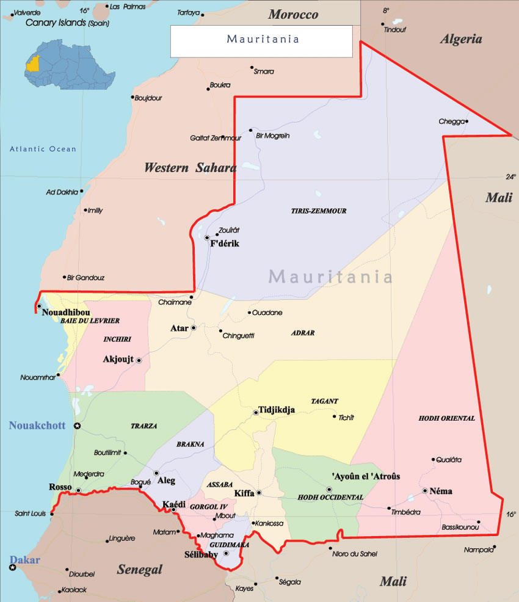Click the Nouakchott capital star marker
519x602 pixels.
[x=77, y=426]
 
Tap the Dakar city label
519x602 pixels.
[x=24, y=560]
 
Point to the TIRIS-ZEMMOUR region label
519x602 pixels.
[x=319, y=211]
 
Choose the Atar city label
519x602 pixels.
[x=179, y=328]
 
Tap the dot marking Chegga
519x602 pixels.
[x=466, y=121]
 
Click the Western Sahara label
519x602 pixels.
[x=189, y=168]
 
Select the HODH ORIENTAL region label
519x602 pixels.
[x=446, y=418]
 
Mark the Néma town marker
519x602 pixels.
[x=425, y=491]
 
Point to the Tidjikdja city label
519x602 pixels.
[x=277, y=410]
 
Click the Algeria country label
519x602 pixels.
[x=461, y=40]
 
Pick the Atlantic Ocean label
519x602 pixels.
[x=43, y=149]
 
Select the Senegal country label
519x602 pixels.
[x=140, y=570]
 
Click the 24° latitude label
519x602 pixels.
[x=510, y=177]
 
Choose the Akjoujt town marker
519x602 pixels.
[x=139, y=360]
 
